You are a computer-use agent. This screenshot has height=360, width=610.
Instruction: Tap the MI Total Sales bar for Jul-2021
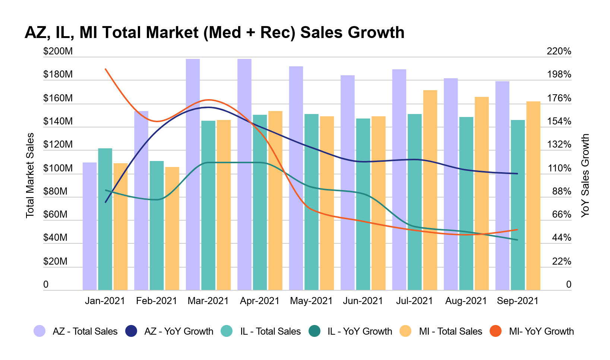click(x=430, y=190)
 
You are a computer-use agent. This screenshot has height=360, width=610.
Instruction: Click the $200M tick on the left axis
click(x=58, y=51)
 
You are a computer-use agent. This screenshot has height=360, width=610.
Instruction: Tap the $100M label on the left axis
click(x=58, y=168)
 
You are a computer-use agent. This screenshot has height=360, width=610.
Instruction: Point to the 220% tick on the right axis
click(x=559, y=51)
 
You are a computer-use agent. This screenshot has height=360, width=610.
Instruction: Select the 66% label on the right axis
click(x=561, y=215)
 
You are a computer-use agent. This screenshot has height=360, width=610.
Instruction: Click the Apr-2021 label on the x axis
click(x=260, y=301)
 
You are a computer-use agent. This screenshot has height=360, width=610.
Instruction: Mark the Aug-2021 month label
click(x=466, y=301)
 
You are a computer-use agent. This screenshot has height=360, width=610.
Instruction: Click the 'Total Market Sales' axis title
click(x=30, y=175)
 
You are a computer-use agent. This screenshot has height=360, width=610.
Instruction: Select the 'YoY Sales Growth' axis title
click(x=585, y=175)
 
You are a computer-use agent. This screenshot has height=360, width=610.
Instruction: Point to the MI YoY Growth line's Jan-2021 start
click(x=105, y=69)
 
